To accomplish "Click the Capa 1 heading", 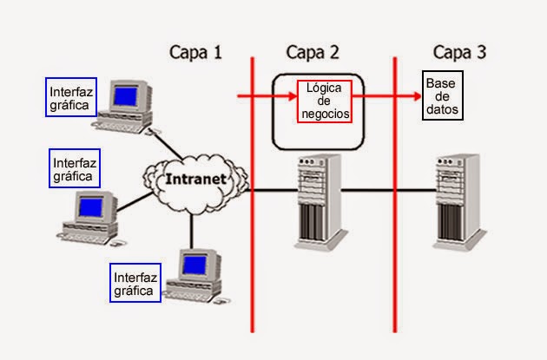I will pos(195,51).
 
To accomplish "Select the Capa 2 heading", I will pos(313,51).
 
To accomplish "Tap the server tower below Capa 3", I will pos(458,200).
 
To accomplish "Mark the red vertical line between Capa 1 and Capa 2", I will pos(253,260).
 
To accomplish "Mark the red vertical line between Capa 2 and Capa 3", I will pos(395,260).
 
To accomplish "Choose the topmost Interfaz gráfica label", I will pos(70,97).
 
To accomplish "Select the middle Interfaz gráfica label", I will pos(75,168).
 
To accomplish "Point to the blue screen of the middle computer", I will pos(90,206).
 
